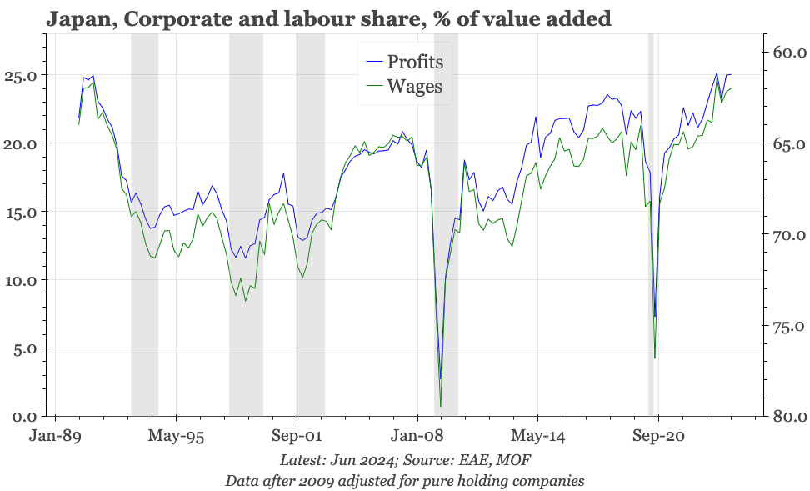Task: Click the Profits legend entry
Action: pyautogui.click(x=405, y=62)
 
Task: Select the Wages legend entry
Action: pyautogui.click(x=404, y=86)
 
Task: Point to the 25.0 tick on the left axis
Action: pyautogui.click(x=21, y=76)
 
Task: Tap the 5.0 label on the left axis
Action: pyautogui.click(x=25, y=348)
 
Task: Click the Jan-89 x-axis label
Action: pyautogui.click(x=55, y=436)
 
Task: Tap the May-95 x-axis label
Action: pyautogui.click(x=176, y=436)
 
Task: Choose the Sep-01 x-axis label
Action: pyautogui.click(x=297, y=436)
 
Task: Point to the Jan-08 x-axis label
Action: pyautogui.click(x=417, y=436)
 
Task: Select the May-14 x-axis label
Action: pyautogui.click(x=537, y=436)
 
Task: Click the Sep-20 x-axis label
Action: pyautogui.click(x=658, y=436)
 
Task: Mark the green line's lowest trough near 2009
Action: pyautogui.click(x=441, y=406)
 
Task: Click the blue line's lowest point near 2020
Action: pyautogui.click(x=655, y=316)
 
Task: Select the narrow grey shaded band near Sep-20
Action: pyautogui.click(x=651, y=224)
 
